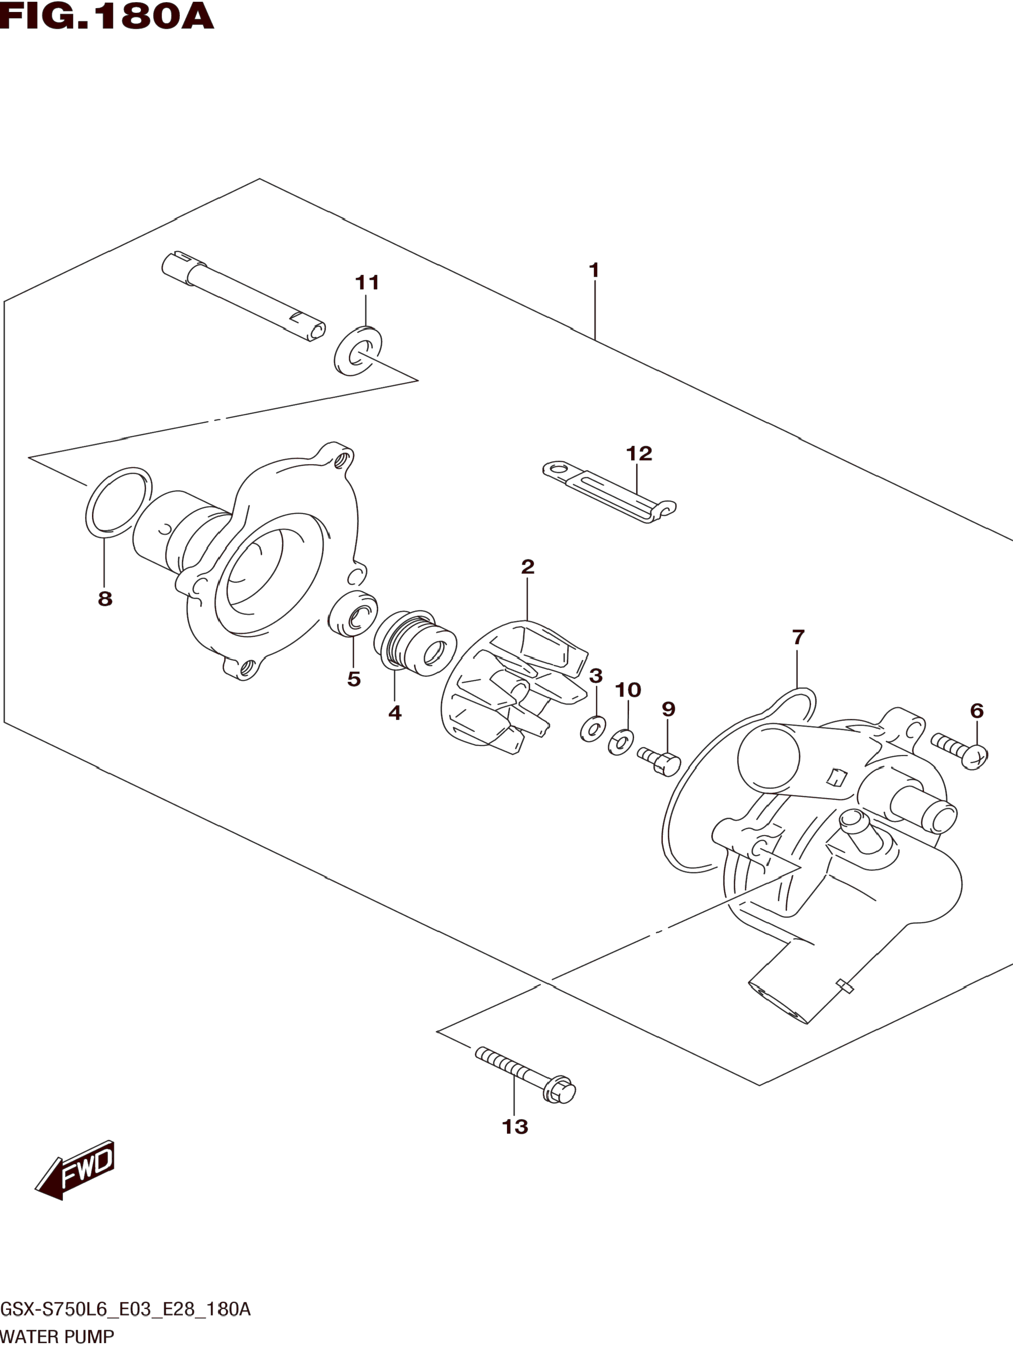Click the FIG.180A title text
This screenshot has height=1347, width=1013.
(107, 17)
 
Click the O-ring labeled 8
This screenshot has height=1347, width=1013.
(119, 503)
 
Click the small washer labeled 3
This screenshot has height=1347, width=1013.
(592, 729)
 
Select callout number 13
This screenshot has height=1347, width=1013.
(515, 1127)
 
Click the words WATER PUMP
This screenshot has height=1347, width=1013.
(57, 1337)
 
